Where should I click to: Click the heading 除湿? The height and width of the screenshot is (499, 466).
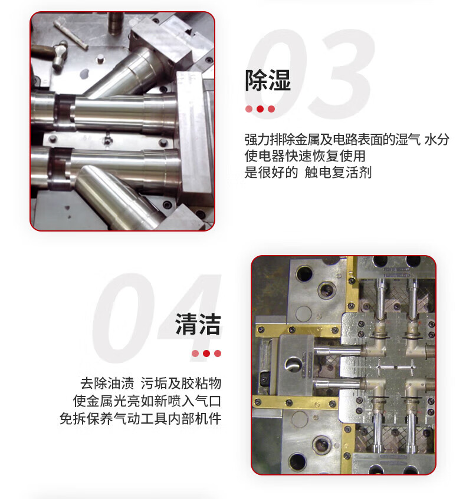pyautogui.click(x=268, y=80)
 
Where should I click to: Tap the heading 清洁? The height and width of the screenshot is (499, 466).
pyautogui.click(x=198, y=324)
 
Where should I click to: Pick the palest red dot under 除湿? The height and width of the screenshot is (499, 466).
pyautogui.click(x=249, y=109)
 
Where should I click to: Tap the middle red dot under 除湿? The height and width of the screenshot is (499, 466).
pyautogui.click(x=260, y=109)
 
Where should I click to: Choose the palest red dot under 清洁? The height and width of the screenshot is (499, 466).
pyautogui.click(x=195, y=353)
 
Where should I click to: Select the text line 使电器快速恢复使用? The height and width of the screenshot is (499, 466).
pyautogui.click(x=305, y=156)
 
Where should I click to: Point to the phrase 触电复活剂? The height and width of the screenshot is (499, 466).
pyautogui.click(x=338, y=172)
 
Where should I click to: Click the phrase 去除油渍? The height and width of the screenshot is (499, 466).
pyautogui.click(x=107, y=383)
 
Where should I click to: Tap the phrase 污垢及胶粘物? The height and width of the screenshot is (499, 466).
pyautogui.click(x=181, y=383)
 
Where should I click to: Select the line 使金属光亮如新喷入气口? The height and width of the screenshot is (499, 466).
pyautogui.click(x=147, y=401)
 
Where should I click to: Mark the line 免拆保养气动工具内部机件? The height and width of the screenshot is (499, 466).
pyautogui.click(x=140, y=418)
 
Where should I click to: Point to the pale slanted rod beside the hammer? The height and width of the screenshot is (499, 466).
pyautogui.click(x=71, y=34)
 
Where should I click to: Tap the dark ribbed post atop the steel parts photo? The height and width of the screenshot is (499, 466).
pyautogui.click(x=116, y=23)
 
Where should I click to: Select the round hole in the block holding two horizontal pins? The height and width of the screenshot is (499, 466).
pyautogui.click(x=294, y=364)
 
